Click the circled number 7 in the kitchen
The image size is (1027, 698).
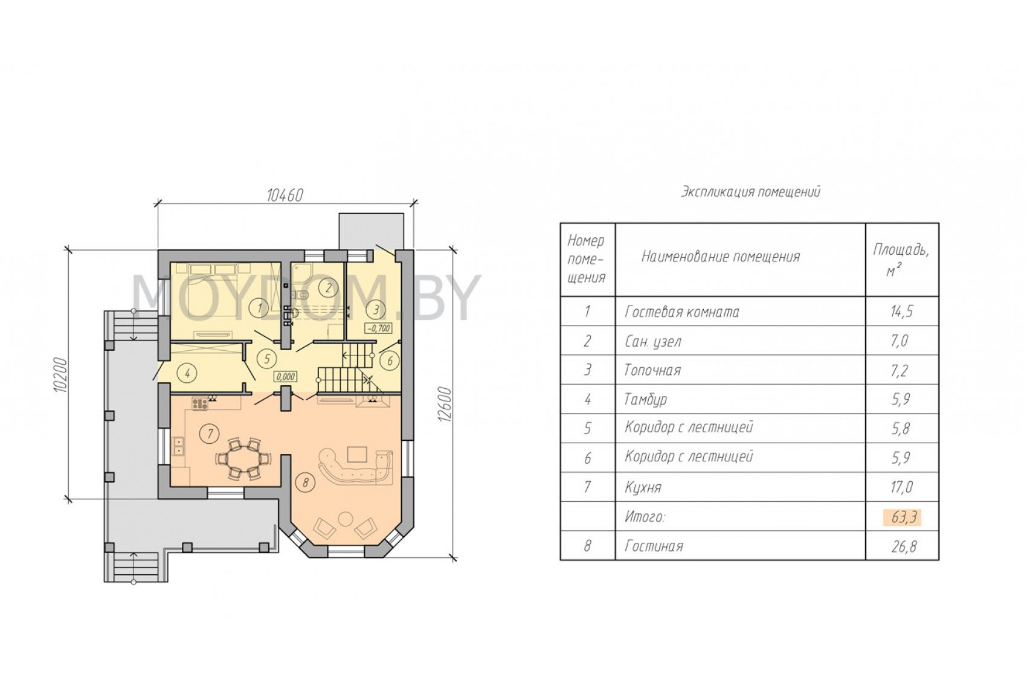click(210, 434)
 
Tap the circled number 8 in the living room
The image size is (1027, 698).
click(305, 482)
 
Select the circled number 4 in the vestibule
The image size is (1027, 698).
click(187, 374)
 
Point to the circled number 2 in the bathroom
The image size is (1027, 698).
click(328, 288)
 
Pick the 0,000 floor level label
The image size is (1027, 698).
click(286, 377)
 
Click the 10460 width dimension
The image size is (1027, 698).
click(285, 195)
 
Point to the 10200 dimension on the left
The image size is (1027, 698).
click(60, 374)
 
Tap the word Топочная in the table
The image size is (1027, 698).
click(653, 370)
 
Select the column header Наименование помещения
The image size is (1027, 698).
click(720, 257)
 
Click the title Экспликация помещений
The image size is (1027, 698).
click(750, 192)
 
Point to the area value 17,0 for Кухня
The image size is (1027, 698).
click(902, 487)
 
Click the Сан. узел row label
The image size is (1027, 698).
click(653, 341)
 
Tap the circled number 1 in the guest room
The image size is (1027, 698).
click(260, 308)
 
